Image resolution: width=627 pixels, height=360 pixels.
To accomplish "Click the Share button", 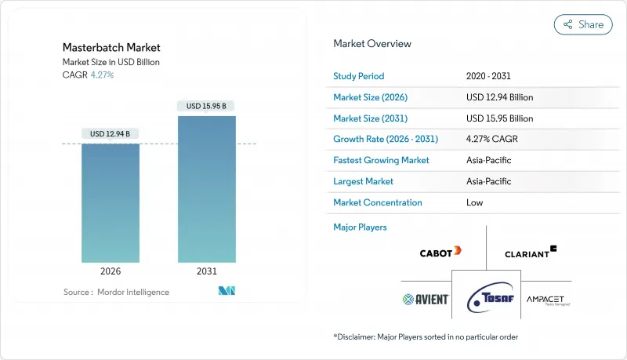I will (x=583, y=24).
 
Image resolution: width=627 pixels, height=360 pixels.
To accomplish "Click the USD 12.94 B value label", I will (x=111, y=134).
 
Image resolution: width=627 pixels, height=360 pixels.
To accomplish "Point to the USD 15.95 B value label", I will (x=207, y=106).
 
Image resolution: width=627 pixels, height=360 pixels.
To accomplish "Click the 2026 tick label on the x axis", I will (x=111, y=271).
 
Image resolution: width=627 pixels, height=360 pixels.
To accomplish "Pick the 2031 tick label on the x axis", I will (x=207, y=271).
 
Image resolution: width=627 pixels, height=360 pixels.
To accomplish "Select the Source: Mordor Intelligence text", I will (x=116, y=292).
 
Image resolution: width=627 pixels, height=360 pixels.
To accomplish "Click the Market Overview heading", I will (x=372, y=44).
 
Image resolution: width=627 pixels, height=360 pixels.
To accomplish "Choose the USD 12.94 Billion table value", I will (x=499, y=97).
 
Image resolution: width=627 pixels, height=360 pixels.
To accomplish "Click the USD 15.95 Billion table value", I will (x=499, y=118).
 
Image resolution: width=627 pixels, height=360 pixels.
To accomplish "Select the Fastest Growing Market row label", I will (x=382, y=160).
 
